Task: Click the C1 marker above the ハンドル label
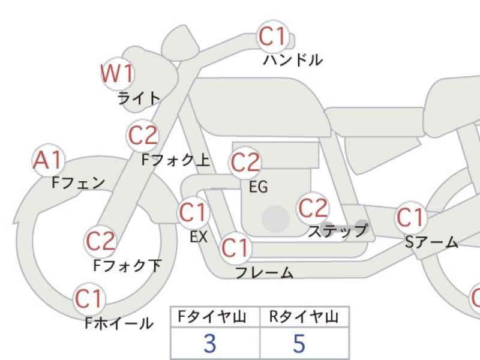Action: (273, 37)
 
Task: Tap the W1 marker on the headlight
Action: (118, 74)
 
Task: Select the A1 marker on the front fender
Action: (49, 160)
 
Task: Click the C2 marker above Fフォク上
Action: (143, 136)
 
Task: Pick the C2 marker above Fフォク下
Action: (101, 242)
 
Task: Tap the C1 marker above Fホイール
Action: (89, 299)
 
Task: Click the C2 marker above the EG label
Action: (245, 163)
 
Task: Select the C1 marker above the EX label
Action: (193, 212)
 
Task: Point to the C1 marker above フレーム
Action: (235, 248)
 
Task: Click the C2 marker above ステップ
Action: (313, 208)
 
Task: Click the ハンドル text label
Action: (293, 60)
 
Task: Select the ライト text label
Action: (139, 98)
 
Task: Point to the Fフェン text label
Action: (79, 183)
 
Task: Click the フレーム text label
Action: (264, 272)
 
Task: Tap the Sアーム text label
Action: (431, 242)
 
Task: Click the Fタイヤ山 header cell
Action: (215, 317)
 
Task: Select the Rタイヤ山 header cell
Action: (304, 317)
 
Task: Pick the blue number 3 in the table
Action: (210, 343)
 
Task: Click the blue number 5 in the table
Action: (299, 343)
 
